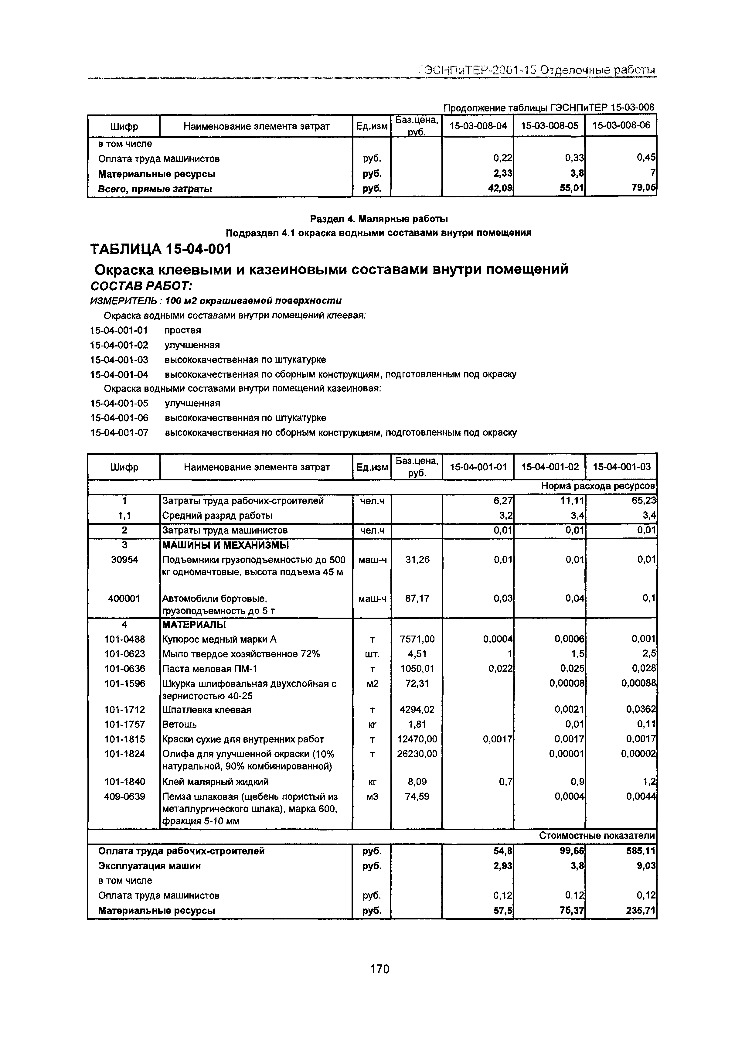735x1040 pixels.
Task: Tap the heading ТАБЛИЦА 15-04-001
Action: (161, 249)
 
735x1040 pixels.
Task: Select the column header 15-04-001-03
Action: (621, 466)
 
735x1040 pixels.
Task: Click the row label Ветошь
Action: (179, 724)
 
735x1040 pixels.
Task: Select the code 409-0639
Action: (124, 796)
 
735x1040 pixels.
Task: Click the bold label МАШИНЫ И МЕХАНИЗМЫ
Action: (226, 545)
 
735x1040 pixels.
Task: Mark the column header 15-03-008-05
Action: (549, 126)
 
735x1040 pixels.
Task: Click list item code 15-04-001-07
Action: (119, 433)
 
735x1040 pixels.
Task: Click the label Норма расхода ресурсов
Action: (598, 486)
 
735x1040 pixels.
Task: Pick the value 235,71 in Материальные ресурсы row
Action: (640, 910)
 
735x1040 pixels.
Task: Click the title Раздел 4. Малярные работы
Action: (379, 219)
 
